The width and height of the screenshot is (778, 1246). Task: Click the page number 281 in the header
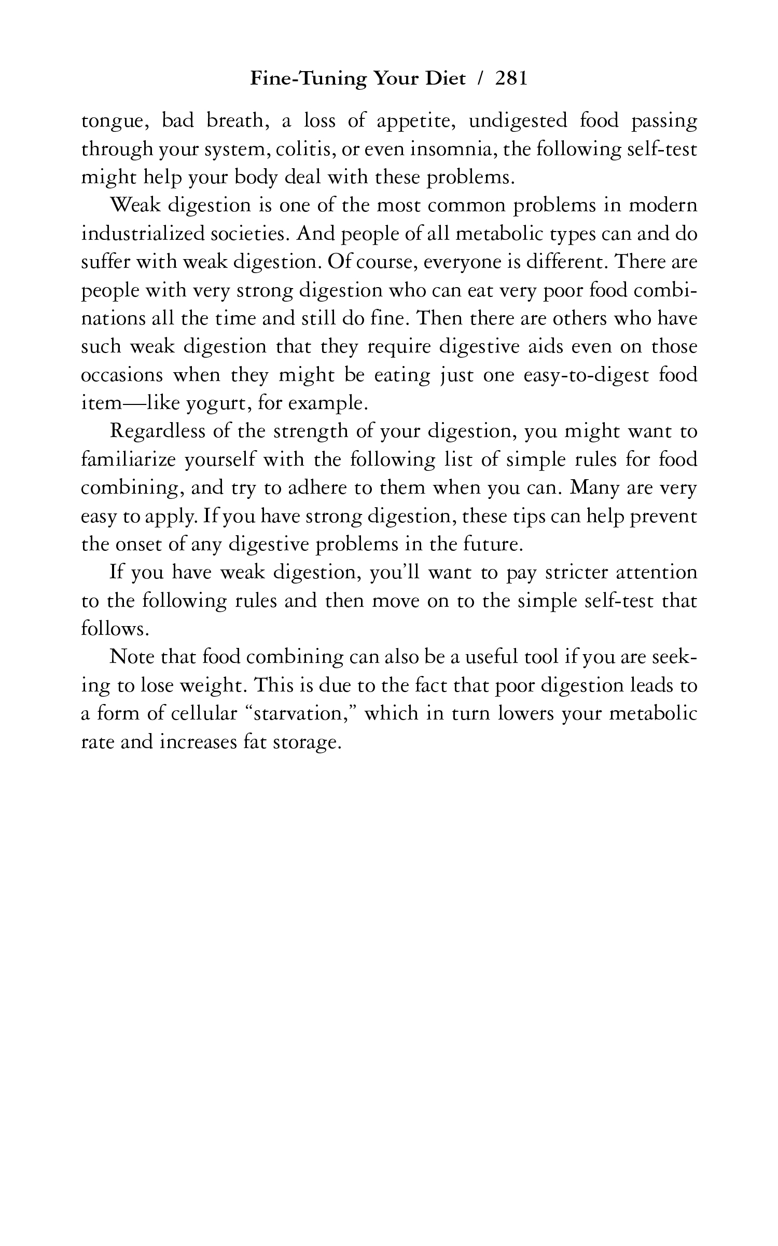tap(511, 78)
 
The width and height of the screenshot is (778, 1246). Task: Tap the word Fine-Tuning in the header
tap(309, 78)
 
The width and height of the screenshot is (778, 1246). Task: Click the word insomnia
tap(453, 150)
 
